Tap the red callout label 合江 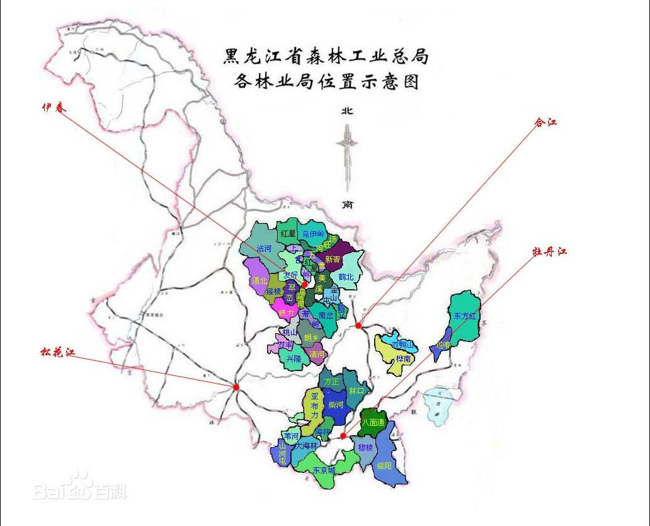click(545, 122)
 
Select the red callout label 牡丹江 click(550, 251)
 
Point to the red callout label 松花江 click(58, 352)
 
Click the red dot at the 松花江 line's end click(236, 387)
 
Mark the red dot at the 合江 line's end click(358, 326)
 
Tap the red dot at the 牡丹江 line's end click(342, 435)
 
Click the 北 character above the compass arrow click(346, 111)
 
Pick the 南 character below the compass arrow click(347, 204)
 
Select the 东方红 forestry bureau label click(465, 314)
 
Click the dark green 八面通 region click(373, 422)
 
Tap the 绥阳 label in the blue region click(384, 466)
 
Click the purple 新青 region click(333, 259)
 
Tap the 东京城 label click(324, 469)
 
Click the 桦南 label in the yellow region click(403, 358)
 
